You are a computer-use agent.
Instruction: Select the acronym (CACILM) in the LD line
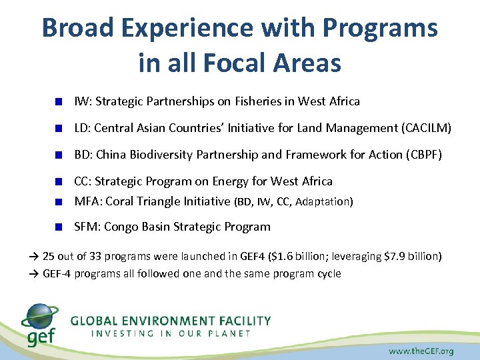click(427, 127)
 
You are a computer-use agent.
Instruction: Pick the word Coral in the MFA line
click(121, 201)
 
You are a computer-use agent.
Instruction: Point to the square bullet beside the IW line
click(59, 102)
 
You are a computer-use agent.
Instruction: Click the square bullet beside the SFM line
click(59, 227)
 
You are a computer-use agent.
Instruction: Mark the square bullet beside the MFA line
click(59, 201)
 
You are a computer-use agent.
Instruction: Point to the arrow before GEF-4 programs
click(34, 274)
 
